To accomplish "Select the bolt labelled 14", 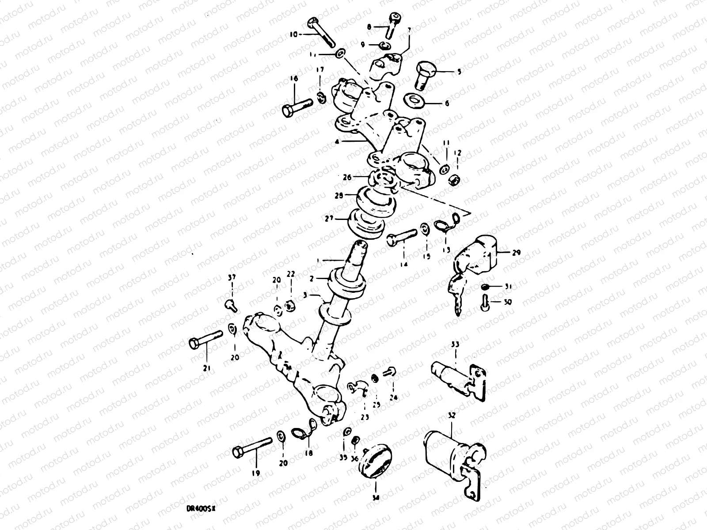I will (402, 236).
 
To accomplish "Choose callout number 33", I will (456, 344).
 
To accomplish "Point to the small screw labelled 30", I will (485, 303).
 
